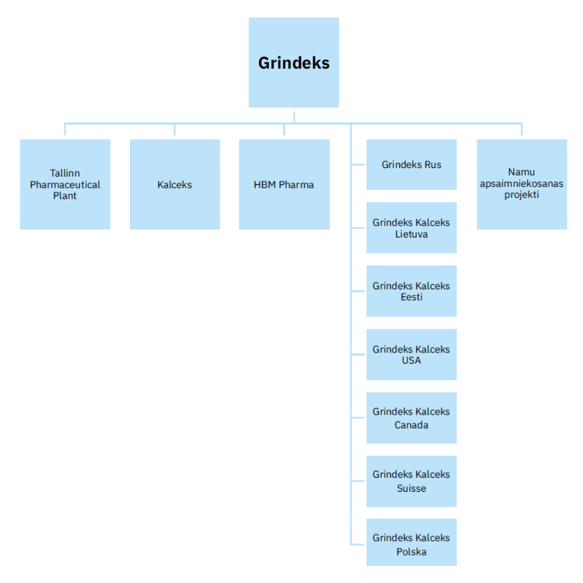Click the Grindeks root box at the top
pos(294,63)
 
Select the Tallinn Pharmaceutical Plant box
pos(65,184)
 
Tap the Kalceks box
pos(174,184)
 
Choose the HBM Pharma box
pos(284,184)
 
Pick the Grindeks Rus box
pos(411,165)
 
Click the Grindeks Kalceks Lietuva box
pos(411,228)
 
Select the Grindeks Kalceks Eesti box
pos(411,291)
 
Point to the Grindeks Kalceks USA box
pos(411,354)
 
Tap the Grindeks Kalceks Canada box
pos(411,417)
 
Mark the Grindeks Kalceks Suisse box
pos(411,481)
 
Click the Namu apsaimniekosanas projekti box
pos(521,184)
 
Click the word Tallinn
pos(65,173)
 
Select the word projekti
pos(521,195)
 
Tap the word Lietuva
pos(411,234)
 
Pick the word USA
pos(411,361)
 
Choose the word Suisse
pos(411,489)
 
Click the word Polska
pos(411,552)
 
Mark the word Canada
pos(411,425)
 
